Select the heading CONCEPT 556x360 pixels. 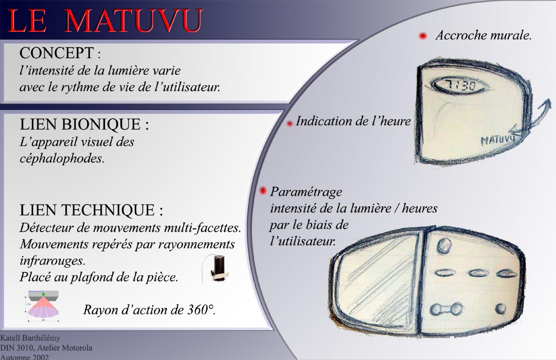coord(57,53)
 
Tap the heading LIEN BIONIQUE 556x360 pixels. coord(80,124)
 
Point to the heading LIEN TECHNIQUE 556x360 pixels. coord(87,210)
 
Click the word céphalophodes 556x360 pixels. coord(62,159)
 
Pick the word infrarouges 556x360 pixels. coord(52,260)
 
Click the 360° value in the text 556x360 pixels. coord(201,310)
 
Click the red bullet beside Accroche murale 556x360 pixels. coord(423,36)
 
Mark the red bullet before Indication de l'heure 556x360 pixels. coord(289,124)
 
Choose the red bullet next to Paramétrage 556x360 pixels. coord(263,191)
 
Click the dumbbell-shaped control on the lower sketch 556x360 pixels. coord(446,309)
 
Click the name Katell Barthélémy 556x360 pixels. coord(30,338)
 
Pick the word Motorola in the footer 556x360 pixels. coord(77,348)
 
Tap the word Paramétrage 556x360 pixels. coord(306,192)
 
